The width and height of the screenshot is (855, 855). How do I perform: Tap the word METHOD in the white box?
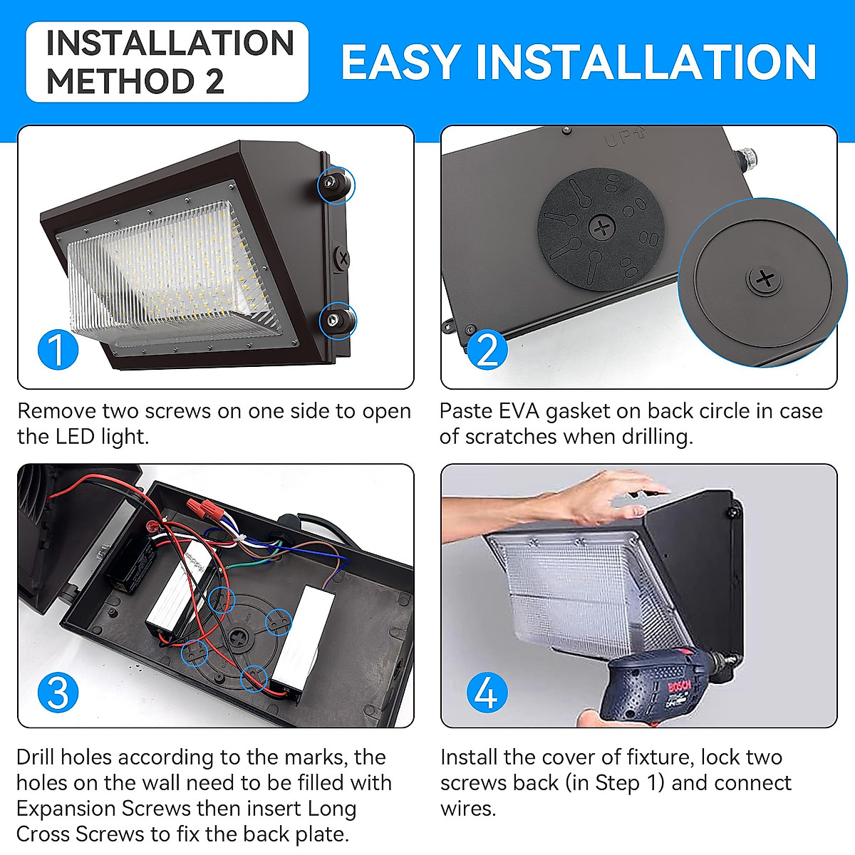(x=115, y=81)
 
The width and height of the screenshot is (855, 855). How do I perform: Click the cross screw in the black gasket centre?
(x=603, y=229)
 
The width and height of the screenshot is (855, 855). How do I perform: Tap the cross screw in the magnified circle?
(x=765, y=279)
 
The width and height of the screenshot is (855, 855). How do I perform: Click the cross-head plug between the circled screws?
(x=343, y=257)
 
